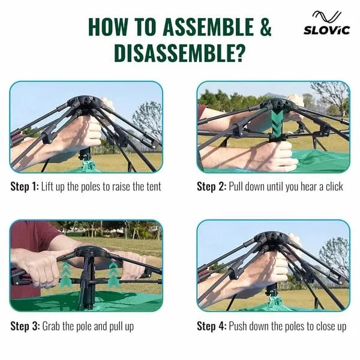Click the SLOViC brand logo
[327, 23]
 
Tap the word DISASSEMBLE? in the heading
[179, 53]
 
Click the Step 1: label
[25, 187]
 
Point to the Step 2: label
[212, 187]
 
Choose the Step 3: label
[25, 326]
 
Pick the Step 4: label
[212, 326]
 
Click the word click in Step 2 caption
[334, 187]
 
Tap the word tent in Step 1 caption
[154, 187]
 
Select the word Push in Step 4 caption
[238, 326]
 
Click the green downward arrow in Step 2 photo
[278, 124]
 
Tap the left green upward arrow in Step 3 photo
[67, 275]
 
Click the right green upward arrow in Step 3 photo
[113, 275]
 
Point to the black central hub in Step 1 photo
[85, 103]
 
